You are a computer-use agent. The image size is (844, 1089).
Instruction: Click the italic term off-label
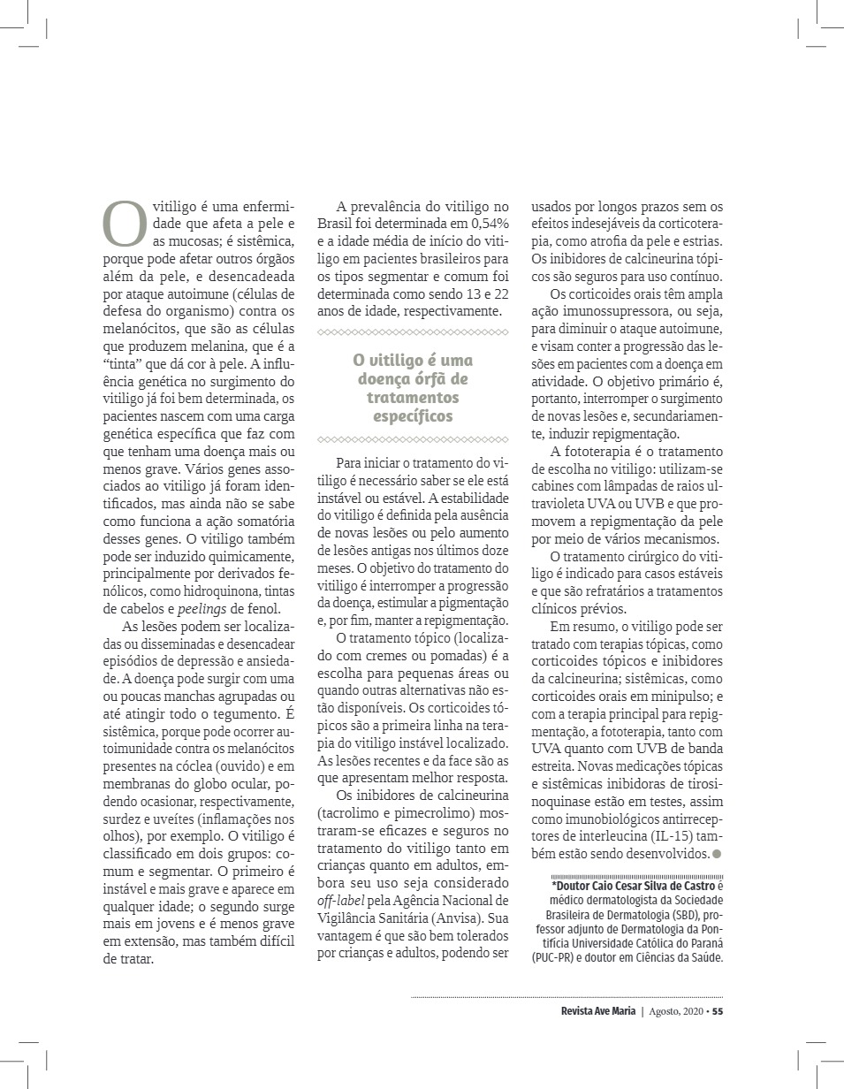338,901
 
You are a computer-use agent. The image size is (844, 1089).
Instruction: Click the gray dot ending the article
717,854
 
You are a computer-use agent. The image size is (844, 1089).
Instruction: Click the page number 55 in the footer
718,1012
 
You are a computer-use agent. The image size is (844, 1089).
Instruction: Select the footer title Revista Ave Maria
597,1012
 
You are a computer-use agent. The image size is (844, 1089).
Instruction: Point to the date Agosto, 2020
675,1012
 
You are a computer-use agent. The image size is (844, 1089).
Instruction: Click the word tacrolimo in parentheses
346,815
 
